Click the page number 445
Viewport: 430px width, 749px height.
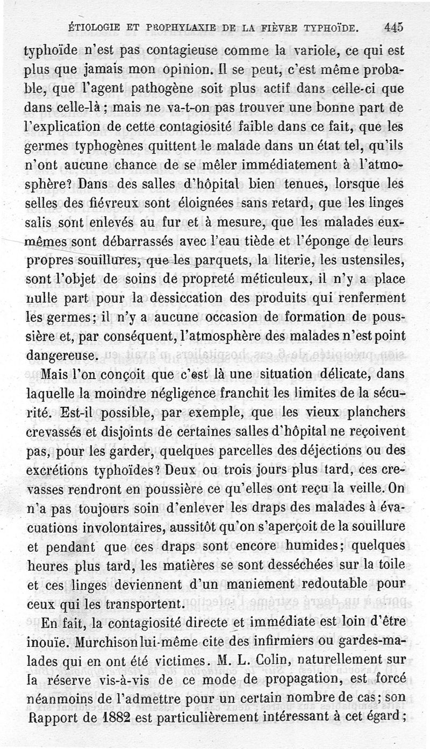[394, 27]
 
